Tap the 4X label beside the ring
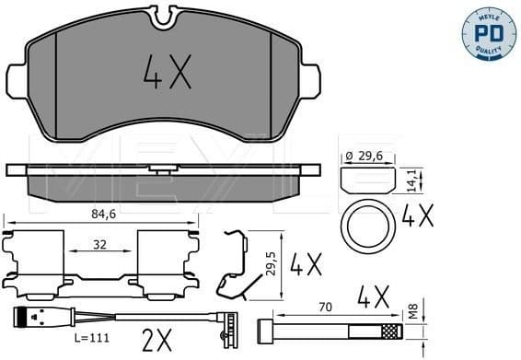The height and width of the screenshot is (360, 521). pos(418,217)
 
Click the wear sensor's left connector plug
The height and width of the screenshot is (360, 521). pos(20,321)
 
